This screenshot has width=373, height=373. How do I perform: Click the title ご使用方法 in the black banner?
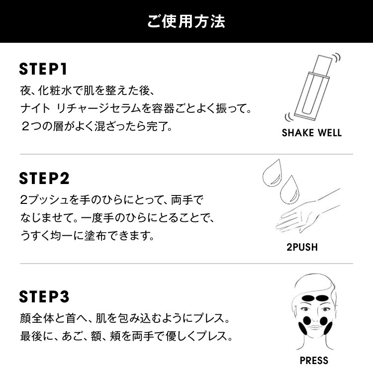pyautogui.click(x=186, y=22)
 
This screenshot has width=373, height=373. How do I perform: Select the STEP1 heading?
pyautogui.click(x=43, y=69)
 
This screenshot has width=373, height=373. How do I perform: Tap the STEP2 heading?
pyautogui.click(x=44, y=179)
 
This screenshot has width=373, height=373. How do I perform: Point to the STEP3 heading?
pyautogui.click(x=44, y=296)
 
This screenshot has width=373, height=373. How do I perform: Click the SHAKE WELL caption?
pyautogui.click(x=312, y=133)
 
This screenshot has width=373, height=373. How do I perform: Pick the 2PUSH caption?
pyautogui.click(x=302, y=247)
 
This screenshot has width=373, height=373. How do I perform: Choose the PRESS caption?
pyautogui.click(x=314, y=361)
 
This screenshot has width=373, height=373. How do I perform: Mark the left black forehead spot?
pyautogui.click(x=308, y=298)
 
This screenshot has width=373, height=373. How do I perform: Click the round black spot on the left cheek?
pyautogui.click(x=307, y=321)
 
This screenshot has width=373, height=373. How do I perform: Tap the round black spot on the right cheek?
pyautogui.click(x=324, y=321)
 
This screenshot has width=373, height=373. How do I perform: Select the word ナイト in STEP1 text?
pyautogui.click(x=35, y=109)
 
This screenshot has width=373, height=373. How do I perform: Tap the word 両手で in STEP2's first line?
pyautogui.click(x=187, y=200)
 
